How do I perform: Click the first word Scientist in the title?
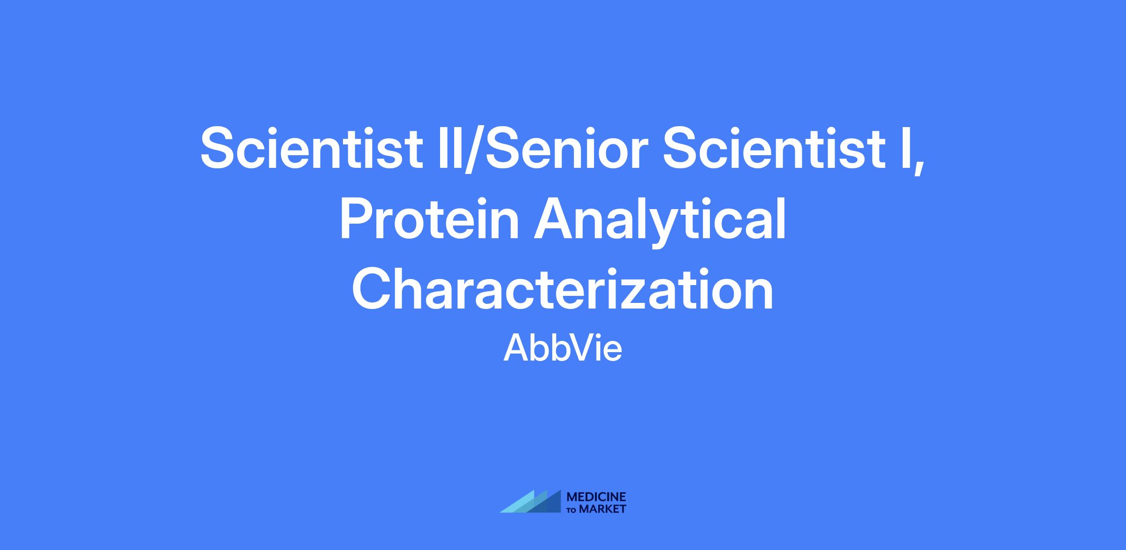tap(312, 148)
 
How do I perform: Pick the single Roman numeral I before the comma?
tap(904, 148)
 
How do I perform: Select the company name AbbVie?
tap(563, 348)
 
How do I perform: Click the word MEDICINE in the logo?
tap(596, 497)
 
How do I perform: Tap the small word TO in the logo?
tap(572, 510)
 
